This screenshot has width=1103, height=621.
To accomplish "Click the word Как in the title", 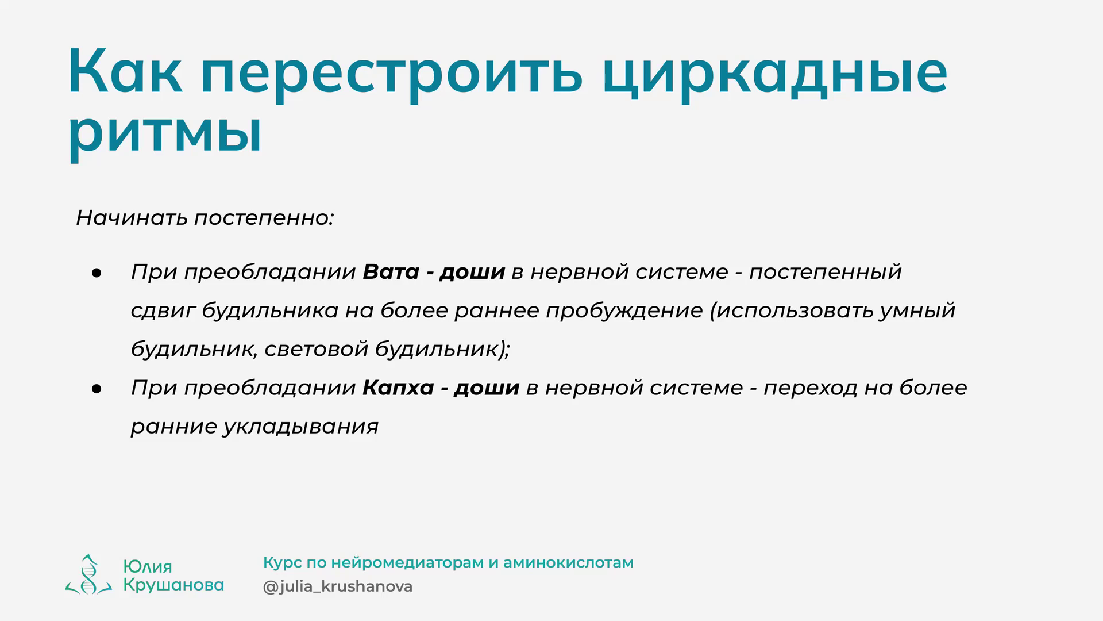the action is [x=125, y=71].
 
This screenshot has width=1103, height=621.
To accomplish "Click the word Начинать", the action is [x=132, y=218].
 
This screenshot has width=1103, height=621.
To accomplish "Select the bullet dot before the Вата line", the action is [x=96, y=273].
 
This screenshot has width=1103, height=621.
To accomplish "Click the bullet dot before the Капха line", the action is [x=96, y=389].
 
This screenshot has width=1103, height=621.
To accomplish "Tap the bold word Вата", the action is [x=391, y=271].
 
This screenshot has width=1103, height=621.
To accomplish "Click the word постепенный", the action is [x=826, y=272].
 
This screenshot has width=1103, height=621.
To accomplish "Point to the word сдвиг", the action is [x=163, y=311].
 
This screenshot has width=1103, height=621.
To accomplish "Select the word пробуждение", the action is [x=624, y=311].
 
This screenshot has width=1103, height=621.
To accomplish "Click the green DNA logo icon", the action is [x=88, y=574].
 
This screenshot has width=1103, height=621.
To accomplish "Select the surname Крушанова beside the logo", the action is [x=173, y=585].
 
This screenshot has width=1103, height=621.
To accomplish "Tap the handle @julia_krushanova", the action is [x=338, y=587].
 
